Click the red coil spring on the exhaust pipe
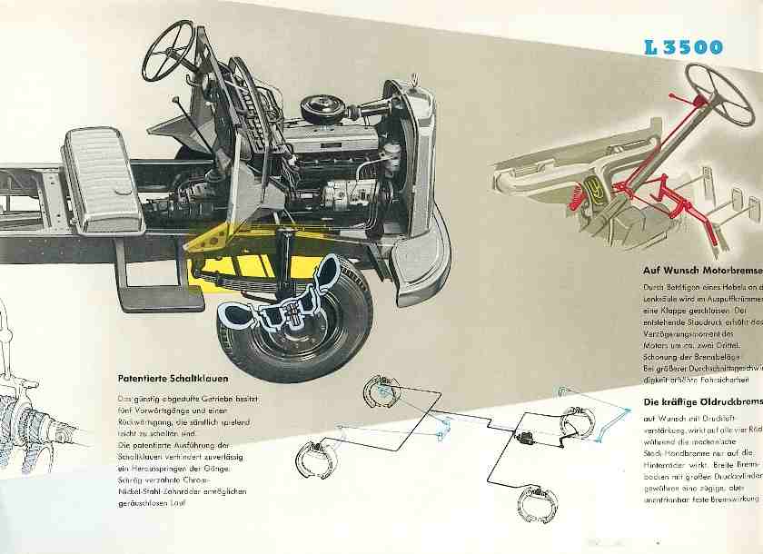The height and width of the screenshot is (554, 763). [x=577, y=192]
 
